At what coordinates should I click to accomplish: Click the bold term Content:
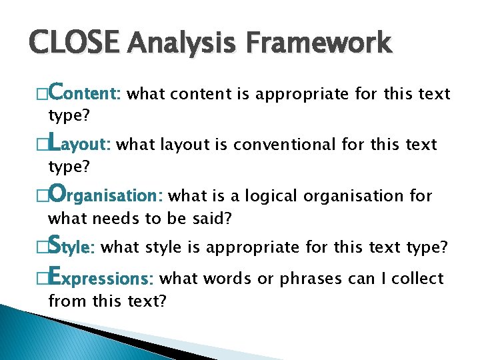coord(85,93)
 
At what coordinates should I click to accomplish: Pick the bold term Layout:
coord(81,144)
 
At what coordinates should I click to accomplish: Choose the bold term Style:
coord(73,247)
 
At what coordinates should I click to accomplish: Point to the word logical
coord(273,196)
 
